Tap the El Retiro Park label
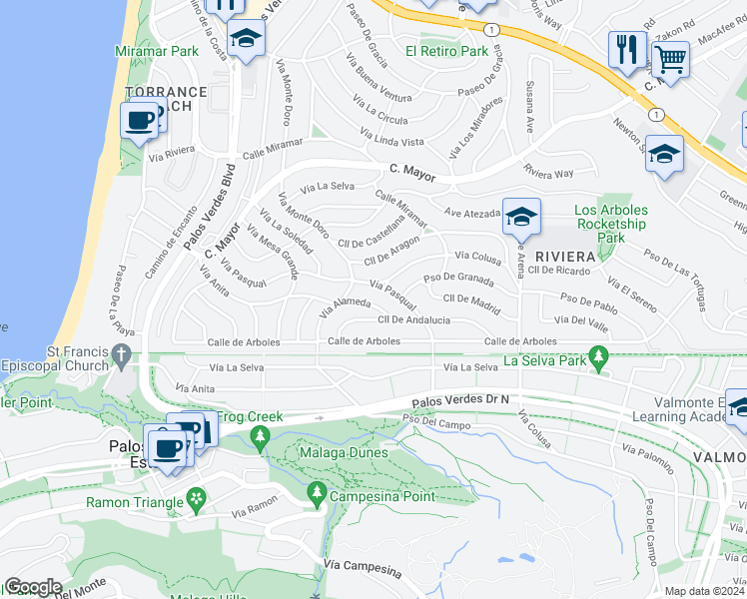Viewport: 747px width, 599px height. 446,51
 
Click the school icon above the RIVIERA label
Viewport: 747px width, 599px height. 520,217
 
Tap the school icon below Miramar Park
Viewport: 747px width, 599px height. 245,40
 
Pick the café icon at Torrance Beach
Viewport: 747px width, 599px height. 140,121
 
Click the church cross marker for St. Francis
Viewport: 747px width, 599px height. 121,354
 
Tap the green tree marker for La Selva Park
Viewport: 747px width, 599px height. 598,354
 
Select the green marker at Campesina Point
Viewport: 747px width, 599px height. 317,492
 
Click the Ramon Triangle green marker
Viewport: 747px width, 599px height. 197,496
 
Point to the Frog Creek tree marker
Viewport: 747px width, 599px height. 261,435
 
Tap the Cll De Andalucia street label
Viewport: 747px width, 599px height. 413,320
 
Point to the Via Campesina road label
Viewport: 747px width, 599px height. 363,570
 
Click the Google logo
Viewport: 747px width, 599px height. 33,586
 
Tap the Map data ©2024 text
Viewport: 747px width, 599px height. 704,591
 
